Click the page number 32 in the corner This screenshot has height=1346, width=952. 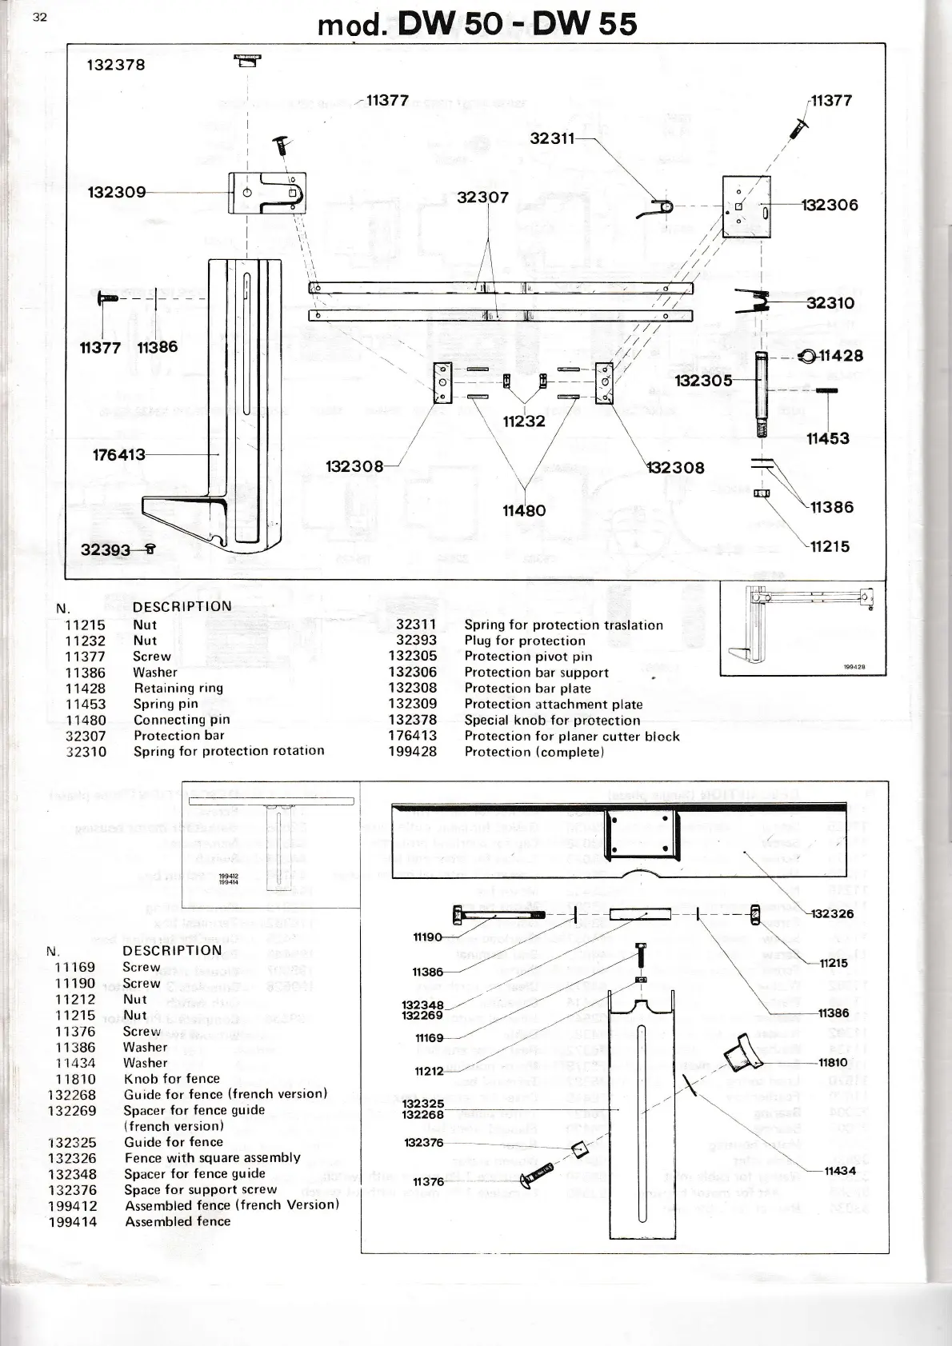pos(40,18)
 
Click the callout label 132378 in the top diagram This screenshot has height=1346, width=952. pos(116,65)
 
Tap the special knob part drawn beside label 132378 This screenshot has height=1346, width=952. pos(247,60)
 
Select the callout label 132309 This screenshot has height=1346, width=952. pos(117,192)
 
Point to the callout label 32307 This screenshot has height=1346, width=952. pos(482,197)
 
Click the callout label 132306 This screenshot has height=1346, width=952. pos(830,206)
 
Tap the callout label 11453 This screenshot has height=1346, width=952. pos(827,438)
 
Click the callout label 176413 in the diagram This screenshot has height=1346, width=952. pos(119,455)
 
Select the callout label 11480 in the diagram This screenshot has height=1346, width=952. pos(524,510)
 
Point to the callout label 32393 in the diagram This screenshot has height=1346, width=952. pos(105,549)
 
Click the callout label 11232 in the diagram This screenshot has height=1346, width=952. pos(524,421)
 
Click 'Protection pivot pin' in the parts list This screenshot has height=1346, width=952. pos(528,657)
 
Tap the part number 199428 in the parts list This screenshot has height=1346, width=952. pos(413,752)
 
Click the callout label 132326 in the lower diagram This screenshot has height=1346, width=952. pos(832,913)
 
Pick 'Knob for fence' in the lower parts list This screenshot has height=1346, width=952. pos(171,1078)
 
